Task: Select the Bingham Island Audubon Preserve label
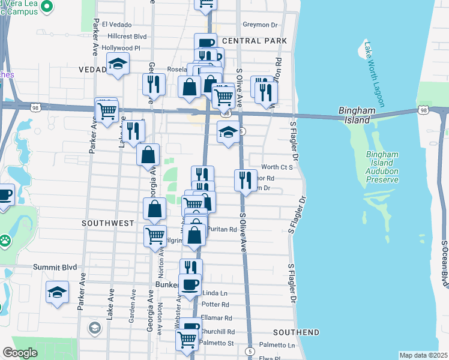(382, 167)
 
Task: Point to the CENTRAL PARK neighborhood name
(254, 41)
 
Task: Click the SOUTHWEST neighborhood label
(109, 223)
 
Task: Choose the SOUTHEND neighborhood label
(296, 332)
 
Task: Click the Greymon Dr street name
(260, 25)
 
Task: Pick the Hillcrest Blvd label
(124, 36)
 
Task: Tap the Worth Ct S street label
(277, 167)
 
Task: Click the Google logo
(19, 353)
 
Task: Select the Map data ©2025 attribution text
(423, 355)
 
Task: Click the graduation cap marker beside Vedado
(118, 64)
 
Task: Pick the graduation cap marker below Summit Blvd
(57, 292)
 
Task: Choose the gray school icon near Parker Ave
(94, 328)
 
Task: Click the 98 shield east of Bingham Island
(424, 110)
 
